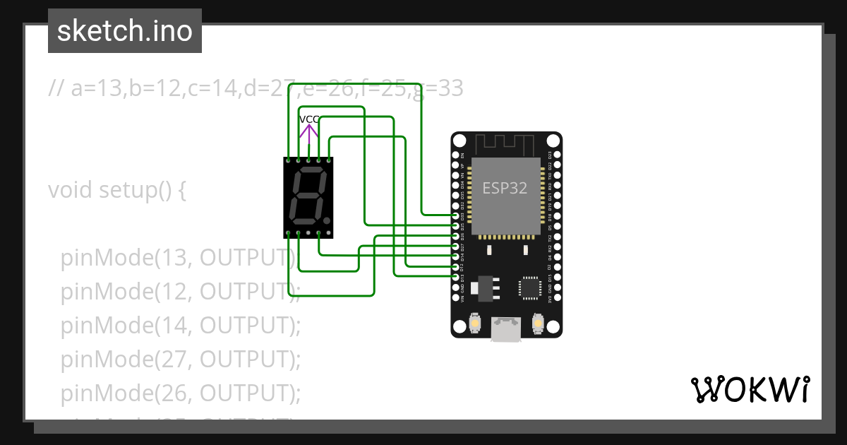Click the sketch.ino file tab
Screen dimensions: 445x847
125,31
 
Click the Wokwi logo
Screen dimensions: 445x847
750,389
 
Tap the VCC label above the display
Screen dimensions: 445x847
309,119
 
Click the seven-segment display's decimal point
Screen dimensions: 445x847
326,221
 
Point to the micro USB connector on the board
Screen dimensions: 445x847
506,329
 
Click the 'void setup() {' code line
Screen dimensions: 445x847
117,190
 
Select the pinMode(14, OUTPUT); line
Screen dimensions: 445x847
181,326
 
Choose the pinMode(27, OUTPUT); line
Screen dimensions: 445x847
181,360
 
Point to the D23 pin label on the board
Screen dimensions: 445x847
551,155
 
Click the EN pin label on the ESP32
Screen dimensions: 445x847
463,155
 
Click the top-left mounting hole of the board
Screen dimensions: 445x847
460,141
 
